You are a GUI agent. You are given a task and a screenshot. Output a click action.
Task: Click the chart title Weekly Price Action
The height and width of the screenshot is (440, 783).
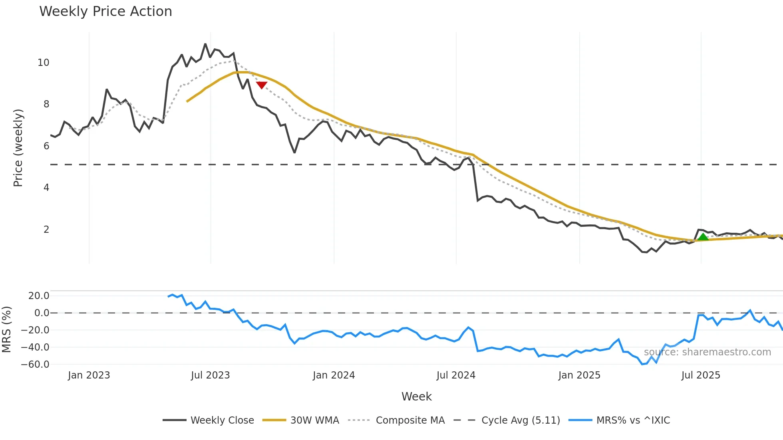coord(105,12)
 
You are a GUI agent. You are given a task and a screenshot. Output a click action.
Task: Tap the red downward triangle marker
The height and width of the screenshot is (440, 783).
coord(262,85)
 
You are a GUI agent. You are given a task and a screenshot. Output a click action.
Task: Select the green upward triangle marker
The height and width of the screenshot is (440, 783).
coord(703,237)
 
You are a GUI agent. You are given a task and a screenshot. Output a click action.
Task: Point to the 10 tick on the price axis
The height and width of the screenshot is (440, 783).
coord(43,63)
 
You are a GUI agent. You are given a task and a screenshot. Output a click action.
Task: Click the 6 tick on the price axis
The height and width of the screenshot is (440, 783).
coord(46,146)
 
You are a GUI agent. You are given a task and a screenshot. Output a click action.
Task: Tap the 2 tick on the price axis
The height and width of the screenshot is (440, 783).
coord(46,230)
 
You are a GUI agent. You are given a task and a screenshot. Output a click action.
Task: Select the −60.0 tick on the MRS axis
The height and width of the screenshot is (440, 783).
coord(35,365)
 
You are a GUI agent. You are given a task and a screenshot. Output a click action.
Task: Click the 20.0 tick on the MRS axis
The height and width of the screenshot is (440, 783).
coord(39,296)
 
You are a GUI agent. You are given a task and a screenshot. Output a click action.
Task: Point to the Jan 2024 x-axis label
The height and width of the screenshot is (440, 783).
coord(334,375)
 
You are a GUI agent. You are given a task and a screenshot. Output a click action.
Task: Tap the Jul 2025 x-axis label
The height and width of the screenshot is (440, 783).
coord(701,375)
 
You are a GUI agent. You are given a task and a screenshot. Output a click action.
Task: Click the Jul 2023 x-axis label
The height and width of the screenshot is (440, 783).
coord(210,375)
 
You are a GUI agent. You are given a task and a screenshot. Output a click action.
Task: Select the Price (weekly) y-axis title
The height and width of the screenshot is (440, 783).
coord(18,148)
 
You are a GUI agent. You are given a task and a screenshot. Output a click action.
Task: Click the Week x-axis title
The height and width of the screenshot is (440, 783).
coord(416,396)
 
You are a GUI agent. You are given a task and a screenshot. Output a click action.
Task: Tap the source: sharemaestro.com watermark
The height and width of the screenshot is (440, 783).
coord(707,352)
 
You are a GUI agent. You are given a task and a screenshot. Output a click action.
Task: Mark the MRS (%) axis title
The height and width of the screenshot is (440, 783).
coord(6,329)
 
